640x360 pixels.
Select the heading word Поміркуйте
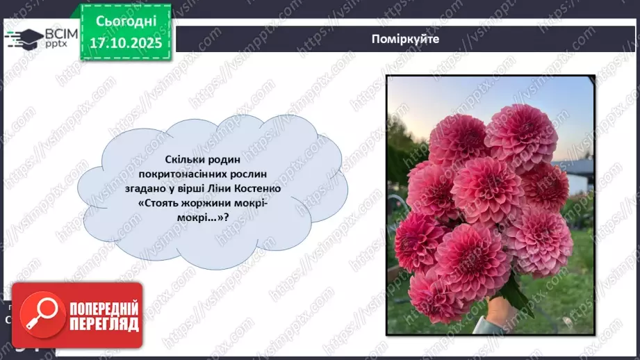[405, 39]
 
